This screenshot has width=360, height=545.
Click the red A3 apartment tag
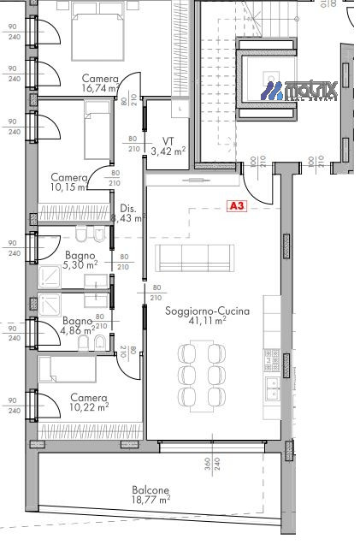[x=237, y=205]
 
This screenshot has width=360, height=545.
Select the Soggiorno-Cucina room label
[x=196, y=311]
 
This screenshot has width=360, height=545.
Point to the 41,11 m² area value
[x=196, y=321]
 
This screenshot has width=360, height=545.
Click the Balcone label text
[x=150, y=490]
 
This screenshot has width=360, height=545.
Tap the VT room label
[x=168, y=141]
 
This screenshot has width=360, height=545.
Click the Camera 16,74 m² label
[x=100, y=82]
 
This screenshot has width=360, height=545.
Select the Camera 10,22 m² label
[x=89, y=403]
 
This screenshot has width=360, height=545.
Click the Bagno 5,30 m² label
[x=83, y=260]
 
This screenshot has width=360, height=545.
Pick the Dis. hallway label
[x=128, y=208]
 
